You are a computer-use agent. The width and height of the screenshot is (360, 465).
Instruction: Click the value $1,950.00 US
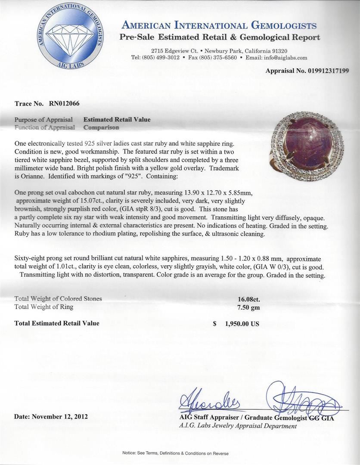click(x=236, y=324)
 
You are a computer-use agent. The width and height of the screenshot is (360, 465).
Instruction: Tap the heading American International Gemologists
click(x=219, y=26)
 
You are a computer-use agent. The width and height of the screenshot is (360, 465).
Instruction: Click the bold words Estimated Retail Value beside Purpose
click(x=117, y=120)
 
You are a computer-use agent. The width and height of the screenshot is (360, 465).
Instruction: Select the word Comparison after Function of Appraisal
click(x=101, y=127)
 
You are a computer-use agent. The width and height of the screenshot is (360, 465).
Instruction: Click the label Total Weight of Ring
click(x=44, y=307)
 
